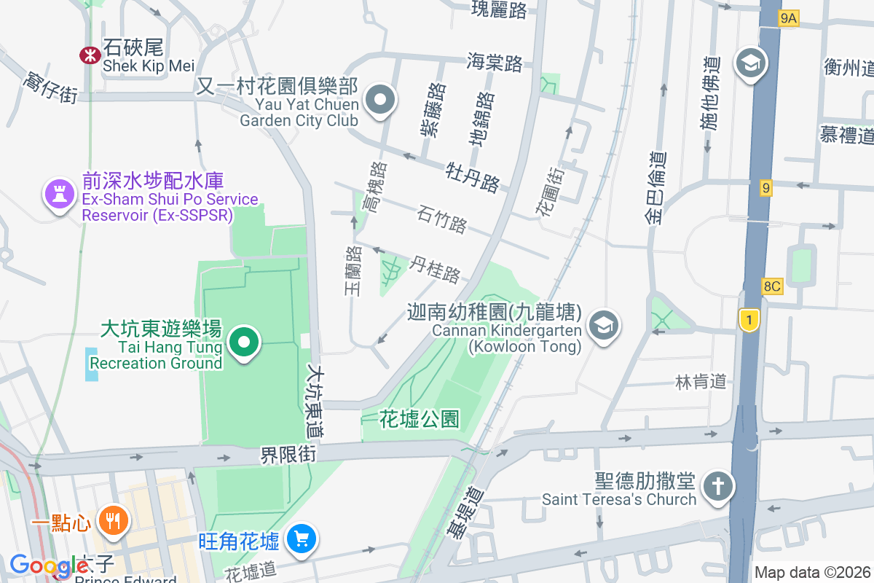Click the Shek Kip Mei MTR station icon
pyautogui.click(x=90, y=54)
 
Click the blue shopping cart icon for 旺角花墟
pyautogui.click(x=301, y=539)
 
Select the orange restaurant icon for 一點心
pyautogui.click(x=112, y=520)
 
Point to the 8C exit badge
pyautogui.click(x=771, y=286)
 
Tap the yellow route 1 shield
pyautogui.click(x=748, y=318)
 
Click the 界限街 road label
pyautogui.click(x=289, y=455)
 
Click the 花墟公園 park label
pyautogui.click(x=420, y=419)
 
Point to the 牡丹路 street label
pyautogui.click(x=472, y=177)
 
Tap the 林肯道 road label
pyautogui.click(x=701, y=381)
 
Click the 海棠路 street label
pyautogui.click(x=495, y=63)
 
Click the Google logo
pyautogui.click(x=49, y=566)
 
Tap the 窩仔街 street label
pyautogui.click(x=50, y=87)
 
